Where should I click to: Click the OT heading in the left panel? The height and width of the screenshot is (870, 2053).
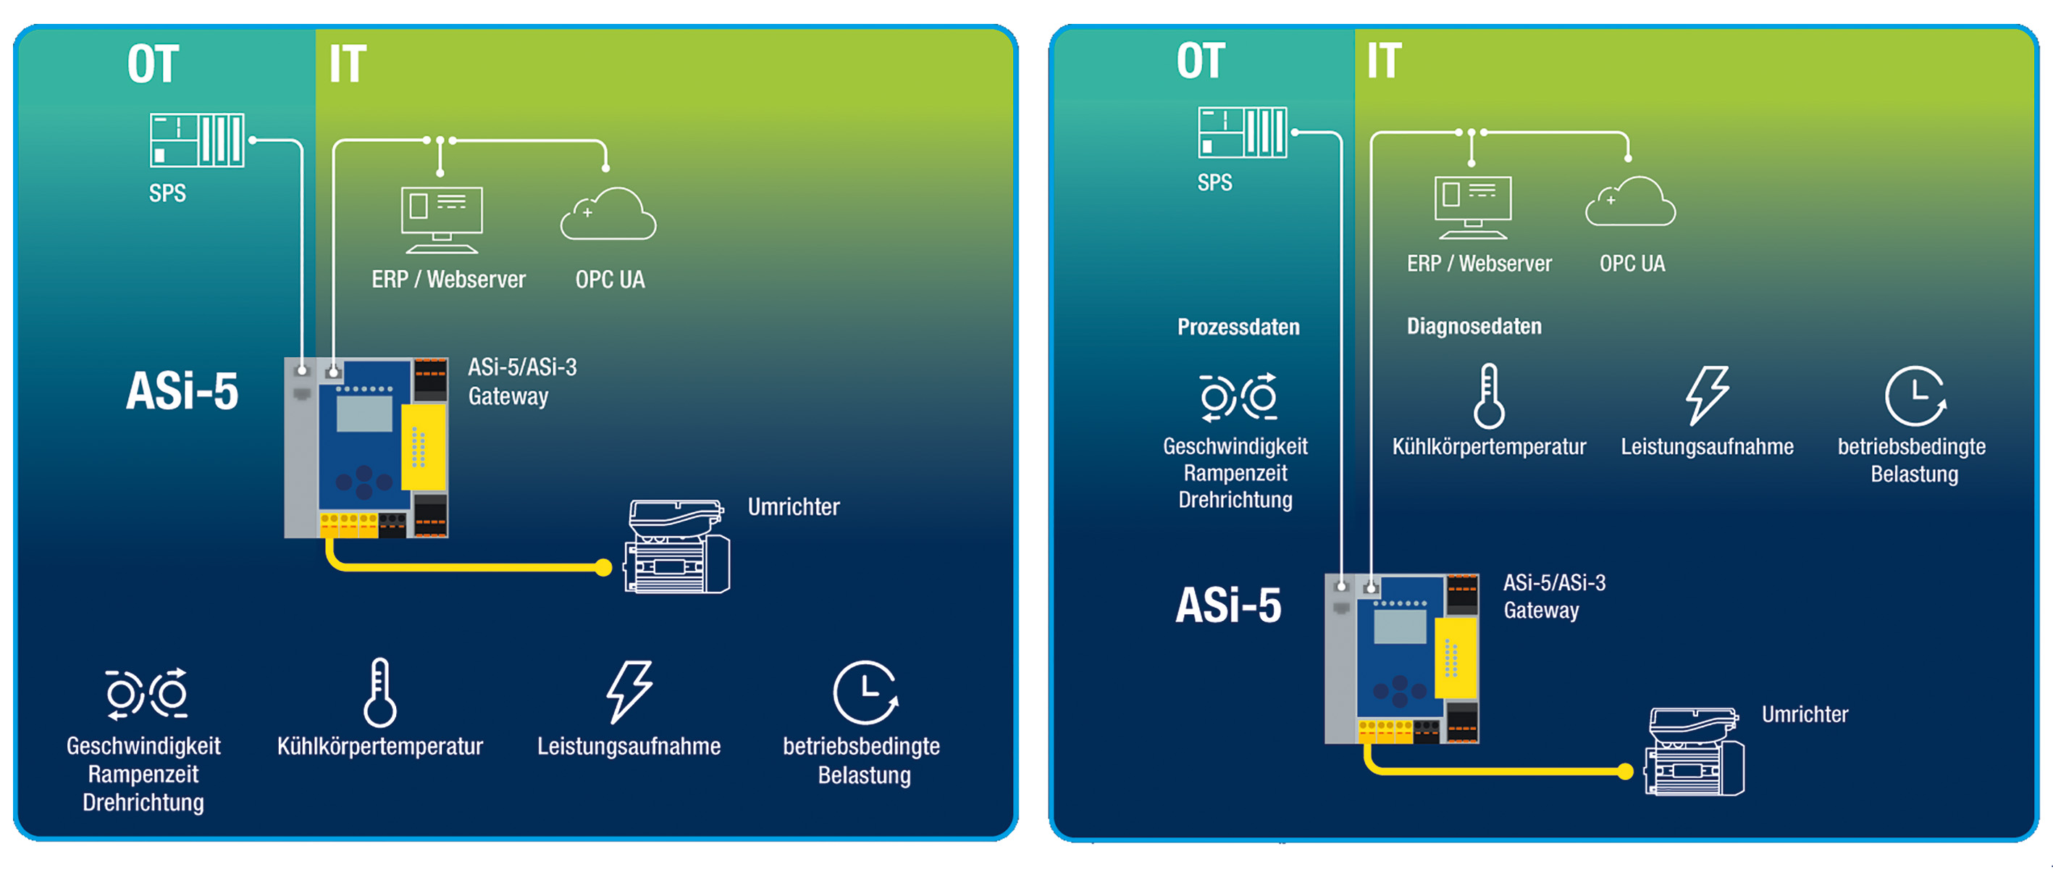click(152, 64)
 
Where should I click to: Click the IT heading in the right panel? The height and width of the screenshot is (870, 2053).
click(1384, 61)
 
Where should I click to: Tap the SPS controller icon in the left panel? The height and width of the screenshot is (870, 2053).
click(197, 141)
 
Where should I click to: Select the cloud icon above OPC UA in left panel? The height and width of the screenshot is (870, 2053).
click(609, 214)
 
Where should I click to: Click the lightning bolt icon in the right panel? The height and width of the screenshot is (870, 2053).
click(1706, 395)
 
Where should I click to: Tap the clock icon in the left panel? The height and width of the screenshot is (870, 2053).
click(865, 693)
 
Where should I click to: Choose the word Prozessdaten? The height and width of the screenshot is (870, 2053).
click(1238, 327)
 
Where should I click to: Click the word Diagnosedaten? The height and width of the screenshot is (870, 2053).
click(1474, 326)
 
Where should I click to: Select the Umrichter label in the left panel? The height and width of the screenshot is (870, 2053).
click(793, 507)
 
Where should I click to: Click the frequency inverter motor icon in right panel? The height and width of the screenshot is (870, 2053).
click(1695, 752)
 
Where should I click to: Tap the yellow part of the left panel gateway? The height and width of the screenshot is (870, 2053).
click(422, 446)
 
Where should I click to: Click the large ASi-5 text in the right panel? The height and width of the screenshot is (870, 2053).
click(1228, 606)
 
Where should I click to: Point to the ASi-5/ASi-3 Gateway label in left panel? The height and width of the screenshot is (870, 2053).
click(521, 382)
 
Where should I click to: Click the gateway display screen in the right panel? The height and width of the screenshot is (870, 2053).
click(1400, 627)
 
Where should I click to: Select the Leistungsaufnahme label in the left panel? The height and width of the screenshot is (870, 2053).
click(628, 746)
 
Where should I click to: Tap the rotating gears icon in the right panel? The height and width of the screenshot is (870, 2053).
click(1238, 396)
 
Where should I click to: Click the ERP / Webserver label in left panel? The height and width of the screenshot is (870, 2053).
click(448, 280)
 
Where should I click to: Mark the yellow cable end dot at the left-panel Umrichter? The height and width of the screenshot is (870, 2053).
click(604, 568)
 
